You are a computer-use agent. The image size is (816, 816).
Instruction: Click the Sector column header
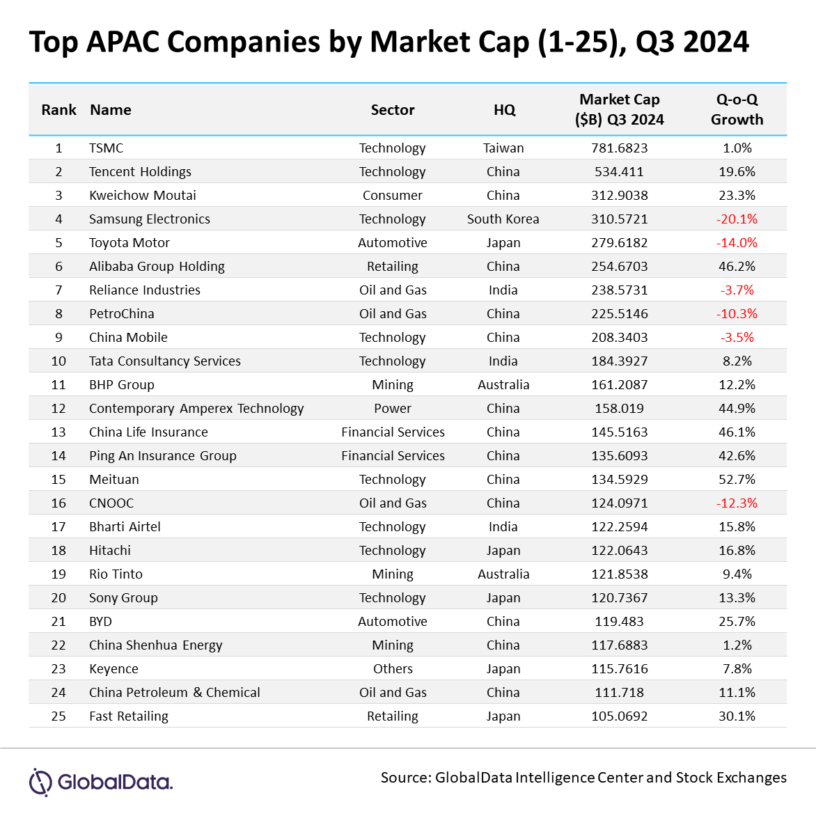[x=393, y=110]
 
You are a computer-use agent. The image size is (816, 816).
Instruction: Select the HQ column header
[x=504, y=110]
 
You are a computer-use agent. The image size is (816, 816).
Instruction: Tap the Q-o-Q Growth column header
[x=737, y=109]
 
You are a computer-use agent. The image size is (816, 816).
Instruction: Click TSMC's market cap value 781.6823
[x=619, y=148]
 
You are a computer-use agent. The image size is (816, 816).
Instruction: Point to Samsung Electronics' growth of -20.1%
[x=737, y=219]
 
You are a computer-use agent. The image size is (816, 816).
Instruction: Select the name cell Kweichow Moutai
[x=143, y=195]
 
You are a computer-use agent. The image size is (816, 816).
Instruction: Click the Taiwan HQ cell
[x=503, y=148]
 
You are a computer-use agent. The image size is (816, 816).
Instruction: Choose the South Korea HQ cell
[x=503, y=219]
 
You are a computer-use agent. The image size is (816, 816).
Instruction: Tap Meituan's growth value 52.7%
[x=737, y=479]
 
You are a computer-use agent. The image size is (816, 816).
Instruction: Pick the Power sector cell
[x=393, y=409]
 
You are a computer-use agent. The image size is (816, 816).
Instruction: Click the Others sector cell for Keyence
[x=393, y=668]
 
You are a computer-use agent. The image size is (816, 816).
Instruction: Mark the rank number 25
[x=58, y=716]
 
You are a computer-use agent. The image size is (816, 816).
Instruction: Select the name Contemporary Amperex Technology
[x=196, y=409]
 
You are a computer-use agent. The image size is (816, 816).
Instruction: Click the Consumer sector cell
[x=393, y=195]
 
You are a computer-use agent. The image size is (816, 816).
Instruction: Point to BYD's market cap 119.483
[x=619, y=621]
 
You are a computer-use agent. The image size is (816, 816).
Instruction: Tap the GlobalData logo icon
[x=40, y=782]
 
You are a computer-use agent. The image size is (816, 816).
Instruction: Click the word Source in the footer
[x=406, y=778]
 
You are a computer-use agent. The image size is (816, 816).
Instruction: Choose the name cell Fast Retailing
[x=129, y=716]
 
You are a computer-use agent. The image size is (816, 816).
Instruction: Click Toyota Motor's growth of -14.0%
[x=737, y=242]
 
